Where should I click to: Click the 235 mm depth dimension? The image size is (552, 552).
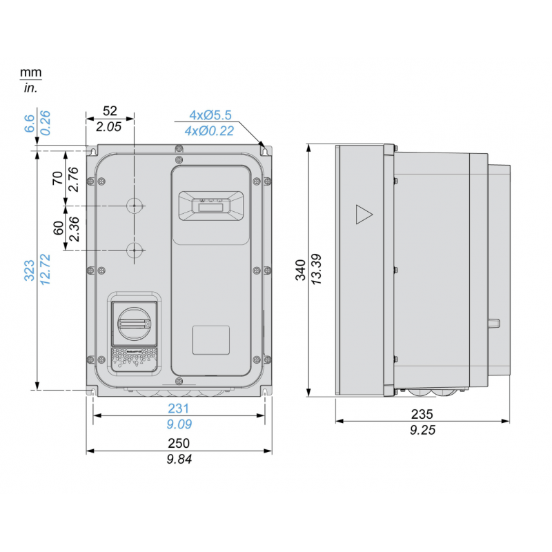(422, 415)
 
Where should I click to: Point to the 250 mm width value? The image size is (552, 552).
(179, 443)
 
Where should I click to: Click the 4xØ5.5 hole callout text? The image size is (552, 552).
(212, 115)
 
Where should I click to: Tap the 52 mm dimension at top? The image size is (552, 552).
(109, 111)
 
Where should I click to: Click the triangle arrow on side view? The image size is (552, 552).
(363, 215)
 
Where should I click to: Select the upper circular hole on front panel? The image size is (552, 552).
(135, 206)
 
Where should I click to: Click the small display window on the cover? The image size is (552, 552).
(210, 206)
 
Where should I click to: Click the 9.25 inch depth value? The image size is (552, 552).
(422, 429)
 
